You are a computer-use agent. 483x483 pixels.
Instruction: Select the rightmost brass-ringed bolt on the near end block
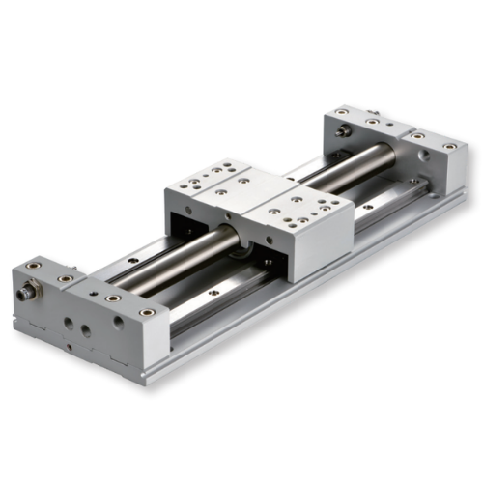click(148, 311)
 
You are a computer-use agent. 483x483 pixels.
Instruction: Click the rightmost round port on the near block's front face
click(118, 323)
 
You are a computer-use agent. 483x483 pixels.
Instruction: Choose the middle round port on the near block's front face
click(86, 330)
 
